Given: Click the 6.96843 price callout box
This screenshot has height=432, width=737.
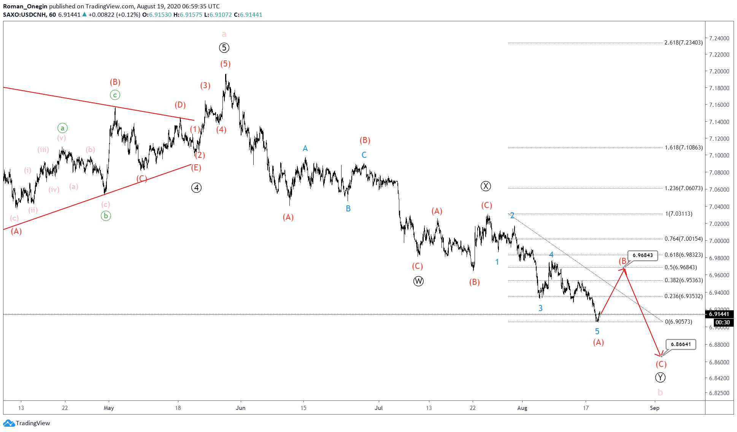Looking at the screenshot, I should pos(642,256).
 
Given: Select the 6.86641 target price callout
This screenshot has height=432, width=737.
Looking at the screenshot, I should pos(680,345).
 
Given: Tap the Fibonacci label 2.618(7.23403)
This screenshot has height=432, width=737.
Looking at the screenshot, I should pos(683,43).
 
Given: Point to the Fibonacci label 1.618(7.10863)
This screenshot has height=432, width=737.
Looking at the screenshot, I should pos(683,148).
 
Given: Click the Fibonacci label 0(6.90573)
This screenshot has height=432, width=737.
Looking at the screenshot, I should pos(684,322).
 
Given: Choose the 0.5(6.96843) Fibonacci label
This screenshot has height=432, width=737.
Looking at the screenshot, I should pos(683,267).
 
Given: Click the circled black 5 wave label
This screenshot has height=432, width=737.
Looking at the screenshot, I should pos(224,48).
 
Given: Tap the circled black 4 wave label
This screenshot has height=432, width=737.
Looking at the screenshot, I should pos(196,188).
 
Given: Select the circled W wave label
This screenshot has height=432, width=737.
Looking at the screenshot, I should pos(418,281).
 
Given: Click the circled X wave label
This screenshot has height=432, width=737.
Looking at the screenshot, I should pos(486,186).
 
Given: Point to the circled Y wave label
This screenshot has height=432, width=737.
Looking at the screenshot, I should pos(660,378).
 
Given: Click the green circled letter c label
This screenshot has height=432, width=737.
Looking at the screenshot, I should pos(115,95).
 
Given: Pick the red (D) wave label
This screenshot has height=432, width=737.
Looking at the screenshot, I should pos(180,105).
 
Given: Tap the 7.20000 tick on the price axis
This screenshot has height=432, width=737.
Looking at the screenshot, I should pos(719,71).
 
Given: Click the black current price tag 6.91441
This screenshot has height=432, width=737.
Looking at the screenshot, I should pos(719,314).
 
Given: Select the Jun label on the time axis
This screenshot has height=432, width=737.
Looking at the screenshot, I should pos(240,408).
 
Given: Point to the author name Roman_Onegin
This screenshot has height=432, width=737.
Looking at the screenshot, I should pos(25,6).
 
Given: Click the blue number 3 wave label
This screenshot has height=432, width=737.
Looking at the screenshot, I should pos(540,308).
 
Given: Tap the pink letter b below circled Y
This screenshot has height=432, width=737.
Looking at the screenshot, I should pos(660,392).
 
